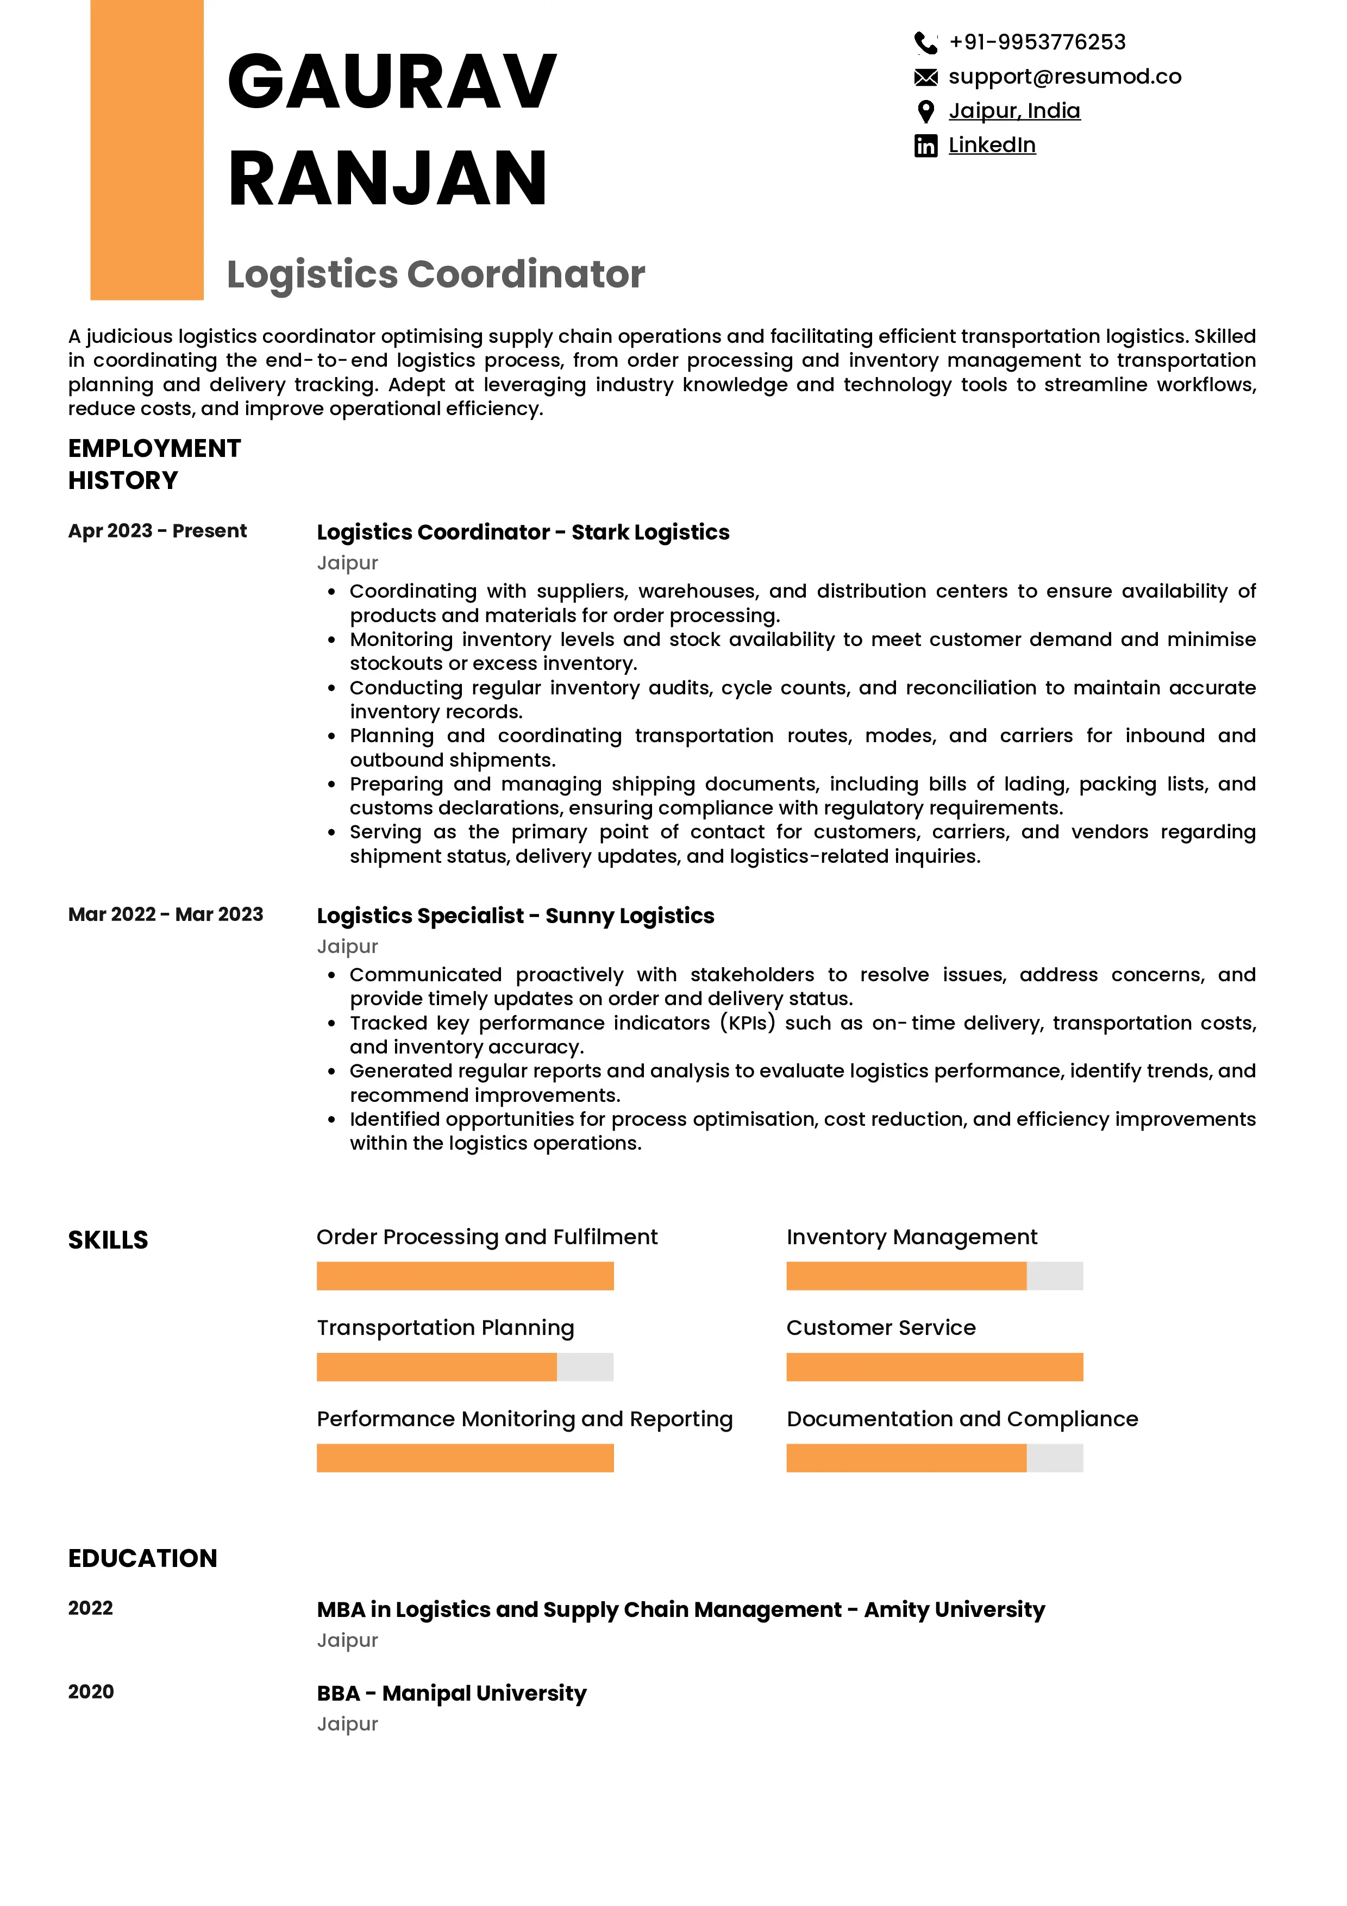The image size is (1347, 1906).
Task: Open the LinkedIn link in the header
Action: [991, 145]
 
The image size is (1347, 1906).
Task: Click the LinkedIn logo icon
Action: [925, 146]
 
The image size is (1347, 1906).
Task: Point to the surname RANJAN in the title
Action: [387, 178]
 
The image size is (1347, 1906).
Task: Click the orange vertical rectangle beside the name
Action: [147, 149]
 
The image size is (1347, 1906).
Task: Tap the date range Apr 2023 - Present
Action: [157, 530]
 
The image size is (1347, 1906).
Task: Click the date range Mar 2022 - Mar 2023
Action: [165, 914]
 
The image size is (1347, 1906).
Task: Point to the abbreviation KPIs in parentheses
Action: [747, 1023]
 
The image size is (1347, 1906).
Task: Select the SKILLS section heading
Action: [108, 1239]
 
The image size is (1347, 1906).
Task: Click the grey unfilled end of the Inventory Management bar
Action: [1054, 1276]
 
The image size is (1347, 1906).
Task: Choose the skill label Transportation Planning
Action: [445, 1327]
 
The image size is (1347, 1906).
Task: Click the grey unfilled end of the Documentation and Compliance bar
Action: [1054, 1458]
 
